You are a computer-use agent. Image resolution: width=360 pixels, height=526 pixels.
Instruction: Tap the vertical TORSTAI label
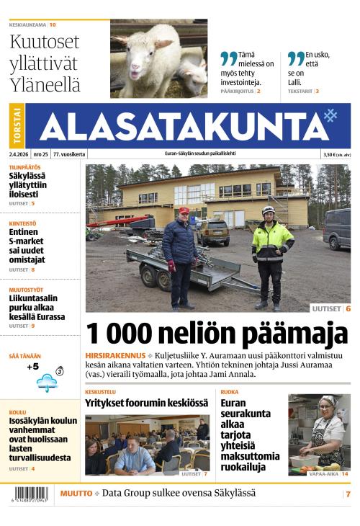17,126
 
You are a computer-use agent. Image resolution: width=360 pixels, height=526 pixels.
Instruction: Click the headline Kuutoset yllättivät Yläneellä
45,63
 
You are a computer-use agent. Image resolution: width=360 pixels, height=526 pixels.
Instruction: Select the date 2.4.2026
18,154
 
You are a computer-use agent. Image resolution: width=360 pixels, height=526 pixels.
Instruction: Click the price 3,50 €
332,154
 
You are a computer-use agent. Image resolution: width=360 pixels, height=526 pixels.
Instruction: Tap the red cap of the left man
184,210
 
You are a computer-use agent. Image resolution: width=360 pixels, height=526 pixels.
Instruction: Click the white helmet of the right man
269,210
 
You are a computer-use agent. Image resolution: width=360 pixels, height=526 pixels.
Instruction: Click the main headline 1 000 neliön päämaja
217,334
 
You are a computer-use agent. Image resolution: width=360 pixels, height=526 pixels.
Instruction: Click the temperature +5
32,367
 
